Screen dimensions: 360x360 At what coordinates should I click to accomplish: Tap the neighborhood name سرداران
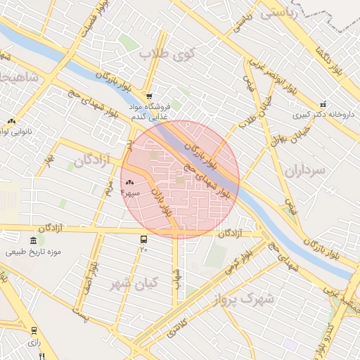[306, 169]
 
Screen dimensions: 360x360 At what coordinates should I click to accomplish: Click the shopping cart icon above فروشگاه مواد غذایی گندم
[148, 96]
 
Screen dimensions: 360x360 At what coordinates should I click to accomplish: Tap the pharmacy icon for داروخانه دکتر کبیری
[323, 103]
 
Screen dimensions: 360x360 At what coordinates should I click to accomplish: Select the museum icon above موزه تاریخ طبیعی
[33, 240]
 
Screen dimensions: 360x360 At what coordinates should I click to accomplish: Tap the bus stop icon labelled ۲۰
[143, 239]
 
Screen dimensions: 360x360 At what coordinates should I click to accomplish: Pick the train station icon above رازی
[33, 330]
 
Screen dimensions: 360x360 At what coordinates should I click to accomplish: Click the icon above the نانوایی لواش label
[11, 122]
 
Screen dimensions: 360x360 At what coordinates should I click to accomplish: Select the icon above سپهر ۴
[129, 182]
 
